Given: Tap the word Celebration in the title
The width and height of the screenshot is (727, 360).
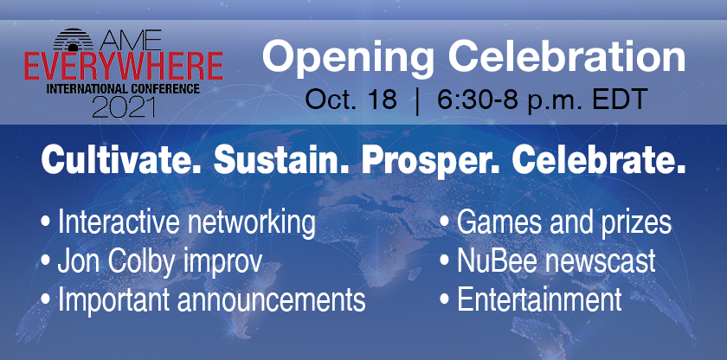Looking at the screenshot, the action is point(567,56).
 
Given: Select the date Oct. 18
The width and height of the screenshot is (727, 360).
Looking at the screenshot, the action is point(351,100).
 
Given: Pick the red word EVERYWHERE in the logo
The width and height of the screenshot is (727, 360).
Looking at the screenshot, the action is point(123,67).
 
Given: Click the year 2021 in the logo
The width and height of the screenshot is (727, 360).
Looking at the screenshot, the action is point(123,106).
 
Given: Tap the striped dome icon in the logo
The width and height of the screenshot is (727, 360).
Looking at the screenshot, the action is point(73,40).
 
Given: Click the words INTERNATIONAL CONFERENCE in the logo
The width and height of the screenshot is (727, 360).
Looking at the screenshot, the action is point(123,88).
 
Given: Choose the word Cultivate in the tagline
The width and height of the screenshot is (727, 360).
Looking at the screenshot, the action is point(121,160).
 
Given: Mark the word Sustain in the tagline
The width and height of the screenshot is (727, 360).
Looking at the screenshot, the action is point(282,160).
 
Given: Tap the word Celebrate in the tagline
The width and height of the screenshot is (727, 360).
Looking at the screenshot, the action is point(599,160).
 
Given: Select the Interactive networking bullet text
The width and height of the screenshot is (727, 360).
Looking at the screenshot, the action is point(187,223).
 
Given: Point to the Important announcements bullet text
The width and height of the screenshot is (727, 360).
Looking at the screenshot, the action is point(211,300).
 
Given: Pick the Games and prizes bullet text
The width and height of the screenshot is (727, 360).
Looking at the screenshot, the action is point(563,223).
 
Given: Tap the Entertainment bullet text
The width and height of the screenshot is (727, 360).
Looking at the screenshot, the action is point(539,299).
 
